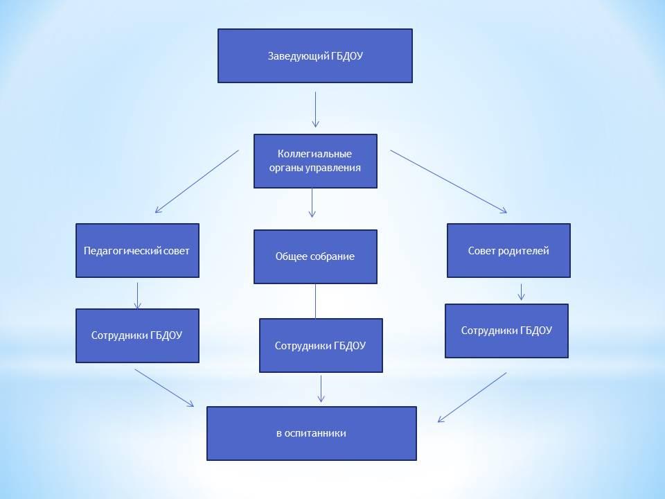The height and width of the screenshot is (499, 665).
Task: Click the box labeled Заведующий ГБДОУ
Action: coord(315,55)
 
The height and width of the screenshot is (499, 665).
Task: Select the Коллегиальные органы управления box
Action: coord(315,161)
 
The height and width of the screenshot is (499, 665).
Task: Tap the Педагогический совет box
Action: coord(137,250)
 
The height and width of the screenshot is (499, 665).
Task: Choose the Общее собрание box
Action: coord(315,256)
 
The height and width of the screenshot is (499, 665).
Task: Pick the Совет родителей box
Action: coord(508,250)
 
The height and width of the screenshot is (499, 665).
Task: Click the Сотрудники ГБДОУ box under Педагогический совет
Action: coord(137,335)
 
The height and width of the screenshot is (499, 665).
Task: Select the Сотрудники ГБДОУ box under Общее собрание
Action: coord(321,345)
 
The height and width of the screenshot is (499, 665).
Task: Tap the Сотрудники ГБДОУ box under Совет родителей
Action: coord(506,331)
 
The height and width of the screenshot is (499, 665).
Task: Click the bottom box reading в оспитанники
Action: coord(311,433)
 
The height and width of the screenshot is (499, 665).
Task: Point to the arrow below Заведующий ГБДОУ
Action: coord(315,109)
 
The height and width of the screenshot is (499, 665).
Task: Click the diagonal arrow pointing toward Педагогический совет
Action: coord(197,181)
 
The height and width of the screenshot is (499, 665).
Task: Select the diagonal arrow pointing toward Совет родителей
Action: coord(449,181)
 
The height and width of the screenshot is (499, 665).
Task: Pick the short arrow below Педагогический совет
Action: coord(137,295)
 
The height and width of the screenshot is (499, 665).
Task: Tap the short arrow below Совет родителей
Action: coord(521,291)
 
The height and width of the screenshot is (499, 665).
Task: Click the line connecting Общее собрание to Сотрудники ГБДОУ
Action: coord(315,301)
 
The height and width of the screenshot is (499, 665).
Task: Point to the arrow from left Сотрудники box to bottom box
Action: coord(165,388)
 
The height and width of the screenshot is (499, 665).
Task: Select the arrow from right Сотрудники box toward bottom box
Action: coord(472,397)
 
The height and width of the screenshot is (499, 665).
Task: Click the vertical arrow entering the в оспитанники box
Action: coord(321,388)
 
